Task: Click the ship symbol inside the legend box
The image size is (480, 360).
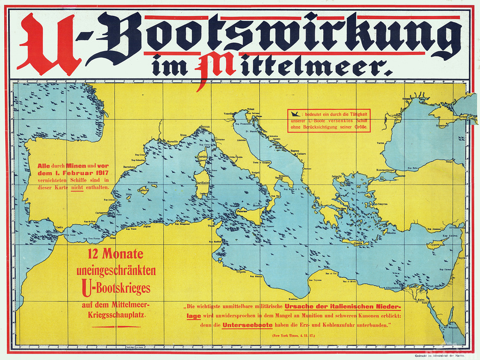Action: point(293,114)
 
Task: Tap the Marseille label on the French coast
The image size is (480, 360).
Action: point(172,141)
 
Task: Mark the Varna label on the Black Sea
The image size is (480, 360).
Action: point(381,143)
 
